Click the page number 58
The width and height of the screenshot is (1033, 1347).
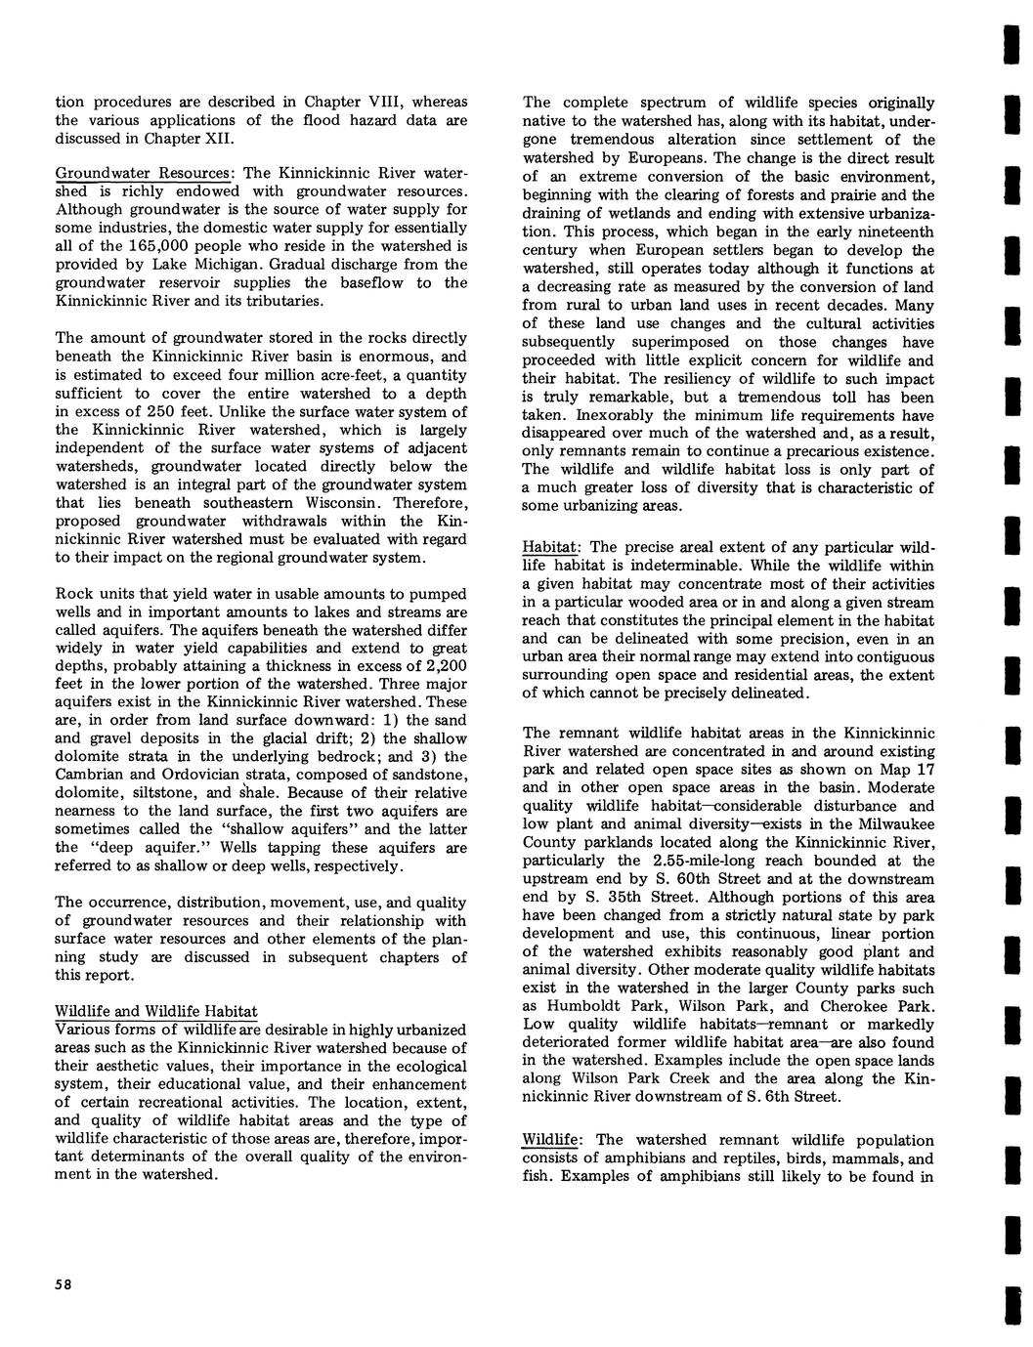(65, 1283)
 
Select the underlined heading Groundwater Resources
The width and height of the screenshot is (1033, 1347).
(142, 173)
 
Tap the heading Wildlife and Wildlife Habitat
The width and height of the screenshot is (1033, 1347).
(156, 1011)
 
